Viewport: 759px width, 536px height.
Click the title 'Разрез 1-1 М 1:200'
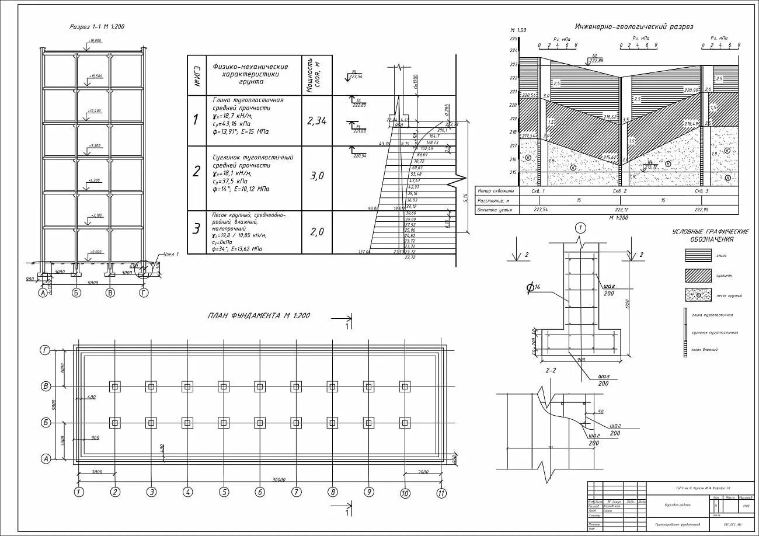[x=97, y=27]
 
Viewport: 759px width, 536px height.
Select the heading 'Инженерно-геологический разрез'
[x=634, y=27]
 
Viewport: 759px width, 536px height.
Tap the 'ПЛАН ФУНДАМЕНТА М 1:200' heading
[x=259, y=316]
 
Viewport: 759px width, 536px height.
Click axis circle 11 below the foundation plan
[x=441, y=493]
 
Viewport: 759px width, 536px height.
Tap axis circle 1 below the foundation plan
[x=78, y=492]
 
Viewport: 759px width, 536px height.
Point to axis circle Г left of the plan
[x=45, y=350]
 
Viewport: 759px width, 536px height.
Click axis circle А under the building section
[x=43, y=293]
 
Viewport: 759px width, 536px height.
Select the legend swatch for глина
[x=698, y=255]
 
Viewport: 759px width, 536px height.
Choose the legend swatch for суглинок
[x=698, y=275]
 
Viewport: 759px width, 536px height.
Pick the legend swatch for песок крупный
[x=698, y=295]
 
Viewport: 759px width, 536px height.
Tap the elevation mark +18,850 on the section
[x=94, y=41]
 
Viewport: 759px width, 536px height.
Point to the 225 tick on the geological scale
[x=514, y=39]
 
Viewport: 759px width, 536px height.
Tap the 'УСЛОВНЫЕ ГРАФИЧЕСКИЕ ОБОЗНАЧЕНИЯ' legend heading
[x=711, y=236]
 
